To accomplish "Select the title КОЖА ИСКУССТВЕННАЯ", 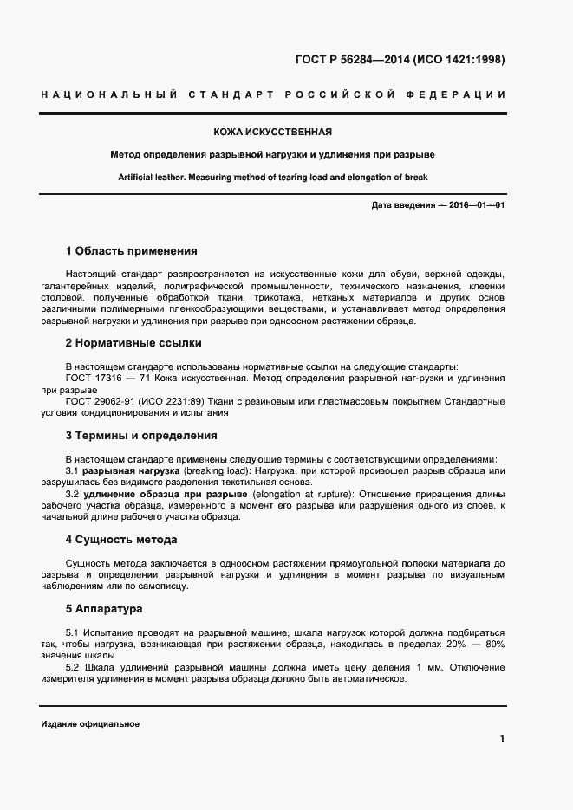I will coord(273,133).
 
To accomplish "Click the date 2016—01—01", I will coord(475,204).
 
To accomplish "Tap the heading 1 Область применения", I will coord(131,251).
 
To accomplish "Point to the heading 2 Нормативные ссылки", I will coord(133,343).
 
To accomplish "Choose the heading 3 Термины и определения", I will coord(141,436).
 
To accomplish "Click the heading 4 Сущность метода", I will coord(121,539).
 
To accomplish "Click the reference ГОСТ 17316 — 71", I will coord(101,379).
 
